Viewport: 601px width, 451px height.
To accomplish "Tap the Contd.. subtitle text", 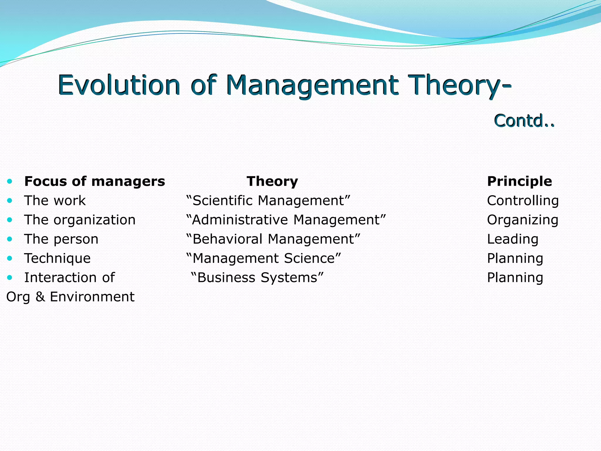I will [x=524, y=121].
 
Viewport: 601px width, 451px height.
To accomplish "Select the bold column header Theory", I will [x=272, y=181].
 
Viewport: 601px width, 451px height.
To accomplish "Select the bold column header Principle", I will [x=519, y=181].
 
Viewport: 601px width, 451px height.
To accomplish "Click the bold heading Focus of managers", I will [x=94, y=181].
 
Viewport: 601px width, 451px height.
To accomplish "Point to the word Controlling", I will [x=523, y=201].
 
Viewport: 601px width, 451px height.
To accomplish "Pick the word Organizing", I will [x=523, y=220].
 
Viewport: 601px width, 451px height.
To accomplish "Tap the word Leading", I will [x=513, y=239].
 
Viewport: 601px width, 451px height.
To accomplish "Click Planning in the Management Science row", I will [x=515, y=258].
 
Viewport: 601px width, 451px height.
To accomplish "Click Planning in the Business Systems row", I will [x=515, y=277].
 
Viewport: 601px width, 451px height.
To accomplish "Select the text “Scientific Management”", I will [x=268, y=201].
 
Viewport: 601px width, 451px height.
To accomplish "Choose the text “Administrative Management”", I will [x=286, y=220].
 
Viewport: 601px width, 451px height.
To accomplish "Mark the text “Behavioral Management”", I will [x=273, y=239].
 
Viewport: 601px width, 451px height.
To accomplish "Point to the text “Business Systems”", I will [x=257, y=277].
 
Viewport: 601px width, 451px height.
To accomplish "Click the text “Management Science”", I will [x=264, y=258].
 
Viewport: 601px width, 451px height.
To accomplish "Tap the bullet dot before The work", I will [x=10, y=201].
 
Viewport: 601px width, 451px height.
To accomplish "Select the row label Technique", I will [x=58, y=258].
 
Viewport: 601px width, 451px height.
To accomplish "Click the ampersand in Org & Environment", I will [x=40, y=297].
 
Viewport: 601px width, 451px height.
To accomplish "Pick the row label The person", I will [x=61, y=239].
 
